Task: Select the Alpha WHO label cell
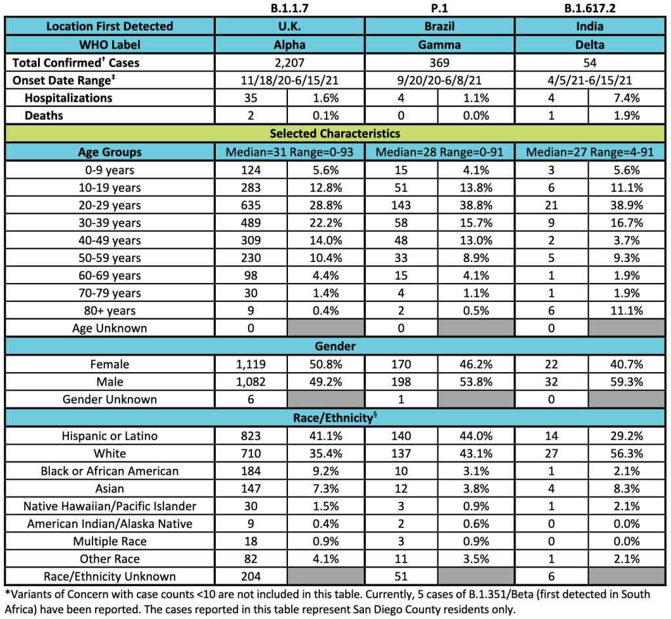click(x=289, y=45)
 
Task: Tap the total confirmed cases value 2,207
click(x=289, y=63)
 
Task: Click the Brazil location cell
click(x=439, y=27)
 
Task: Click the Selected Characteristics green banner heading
click(x=335, y=134)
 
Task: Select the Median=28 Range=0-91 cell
click(x=439, y=153)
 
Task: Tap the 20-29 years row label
click(x=110, y=205)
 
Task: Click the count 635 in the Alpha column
click(x=251, y=205)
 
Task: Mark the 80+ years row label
click(x=110, y=310)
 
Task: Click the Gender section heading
click(x=335, y=346)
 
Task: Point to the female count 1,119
click(x=251, y=364)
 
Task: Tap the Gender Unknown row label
click(x=110, y=400)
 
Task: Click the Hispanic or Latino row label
click(x=110, y=436)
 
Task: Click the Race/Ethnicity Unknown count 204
click(x=251, y=577)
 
